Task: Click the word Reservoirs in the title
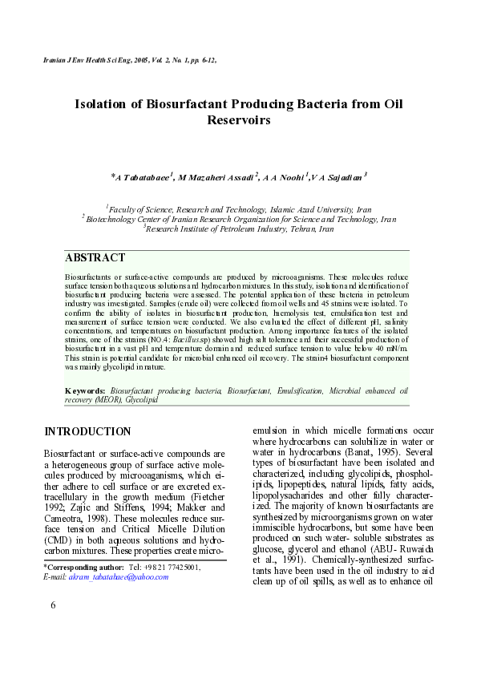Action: click(x=238, y=120)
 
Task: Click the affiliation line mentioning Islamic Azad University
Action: click(x=238, y=207)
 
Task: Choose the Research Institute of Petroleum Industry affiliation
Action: click(x=239, y=228)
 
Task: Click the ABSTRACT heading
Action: click(x=95, y=258)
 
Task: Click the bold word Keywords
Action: click(x=86, y=390)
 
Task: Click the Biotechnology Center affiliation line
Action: click(x=240, y=218)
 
